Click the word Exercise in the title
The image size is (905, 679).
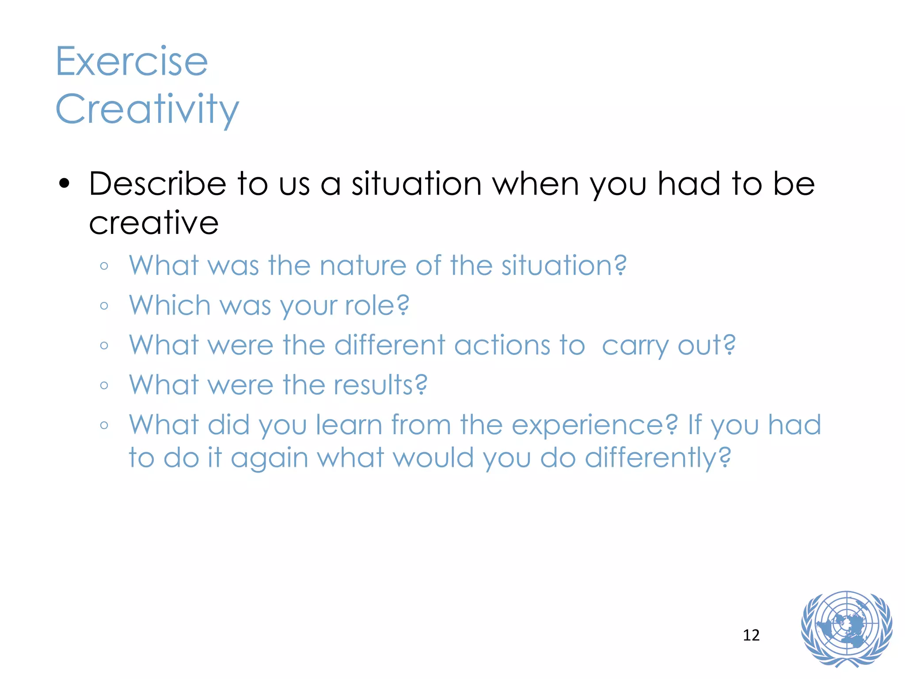(x=131, y=61)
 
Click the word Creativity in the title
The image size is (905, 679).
(x=147, y=109)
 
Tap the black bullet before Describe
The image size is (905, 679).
(x=64, y=184)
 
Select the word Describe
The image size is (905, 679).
(x=157, y=184)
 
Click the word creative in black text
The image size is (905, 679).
(x=153, y=223)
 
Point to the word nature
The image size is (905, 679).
(x=362, y=266)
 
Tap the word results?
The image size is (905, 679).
(x=380, y=385)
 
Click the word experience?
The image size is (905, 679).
(x=594, y=425)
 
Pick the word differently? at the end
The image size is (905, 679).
(x=658, y=458)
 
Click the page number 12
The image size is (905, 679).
(x=751, y=635)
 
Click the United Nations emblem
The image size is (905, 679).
(x=846, y=629)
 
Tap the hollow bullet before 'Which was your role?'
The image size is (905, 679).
(x=104, y=306)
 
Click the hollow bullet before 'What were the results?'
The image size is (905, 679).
(x=104, y=385)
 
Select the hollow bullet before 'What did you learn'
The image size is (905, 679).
(x=104, y=426)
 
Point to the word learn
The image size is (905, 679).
(x=349, y=425)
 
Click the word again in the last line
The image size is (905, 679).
(x=269, y=458)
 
